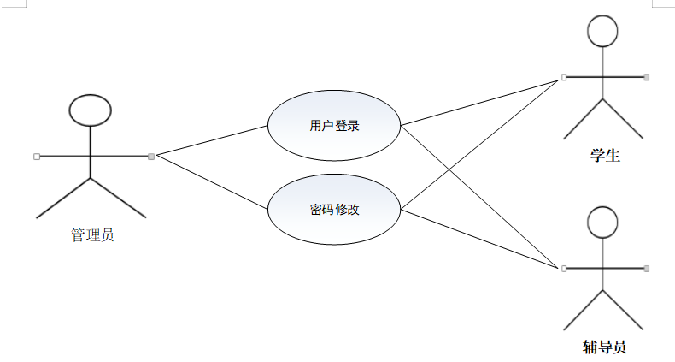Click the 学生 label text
pyautogui.click(x=604, y=156)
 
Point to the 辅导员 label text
pyautogui.click(x=604, y=347)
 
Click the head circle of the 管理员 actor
pyautogui.click(x=91, y=110)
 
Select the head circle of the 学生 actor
pyautogui.click(x=603, y=33)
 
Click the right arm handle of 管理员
pyautogui.click(x=151, y=156)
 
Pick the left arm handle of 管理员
pyautogui.click(x=36, y=156)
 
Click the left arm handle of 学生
pyautogui.click(x=564, y=77)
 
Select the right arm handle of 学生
pyautogui.click(x=647, y=77)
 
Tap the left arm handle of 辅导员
pyautogui.click(x=564, y=268)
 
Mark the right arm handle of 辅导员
pyautogui.click(x=647, y=268)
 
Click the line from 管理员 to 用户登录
pyautogui.click(x=212, y=140)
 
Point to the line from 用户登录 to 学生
pyautogui.click(x=482, y=101)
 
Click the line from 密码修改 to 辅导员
pyautogui.click(x=482, y=239)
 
